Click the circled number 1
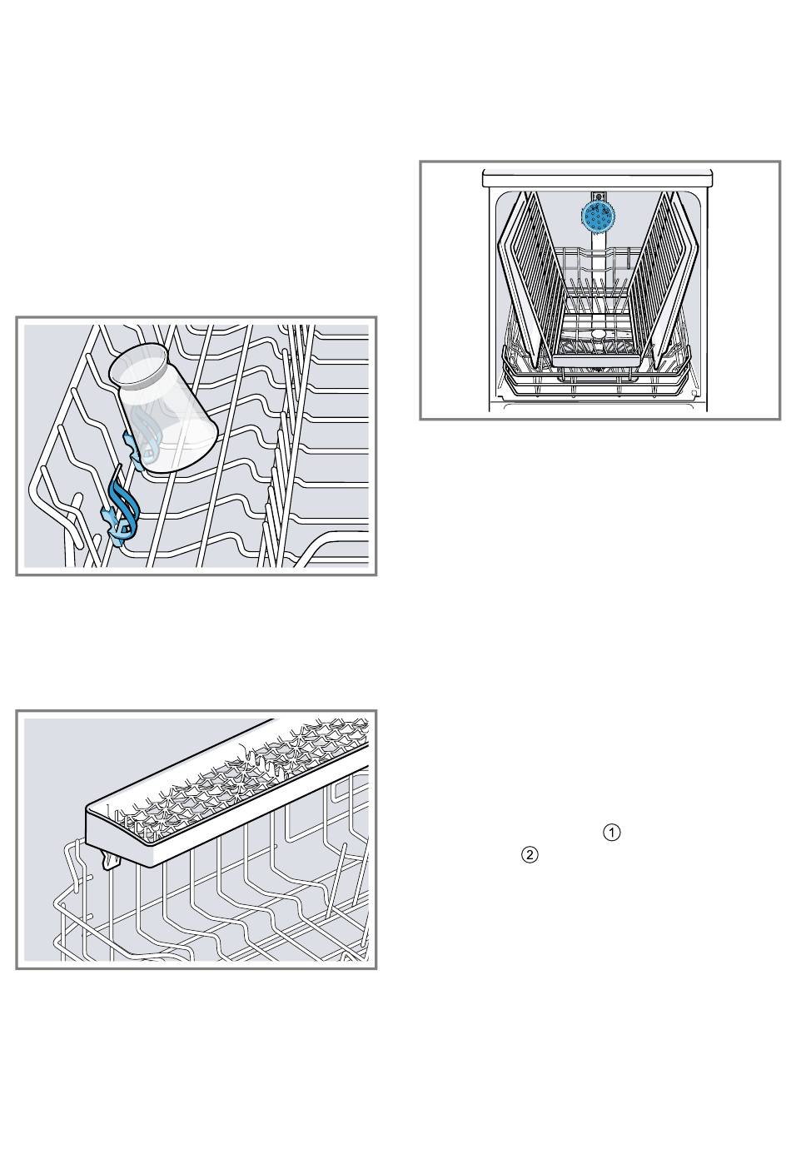pyautogui.click(x=611, y=833)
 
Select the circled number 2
pyautogui.click(x=530, y=855)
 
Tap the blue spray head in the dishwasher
pyautogui.click(x=599, y=217)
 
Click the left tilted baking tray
pyautogui.click(x=532, y=274)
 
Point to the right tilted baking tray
pyautogui.click(x=665, y=274)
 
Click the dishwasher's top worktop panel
pyautogui.click(x=598, y=178)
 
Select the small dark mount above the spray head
pyautogui.click(x=599, y=196)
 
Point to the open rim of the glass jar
pyautogui.click(x=139, y=366)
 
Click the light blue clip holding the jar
pyautogui.click(x=136, y=448)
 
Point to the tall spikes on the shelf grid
pyautogui.click(x=261, y=764)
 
